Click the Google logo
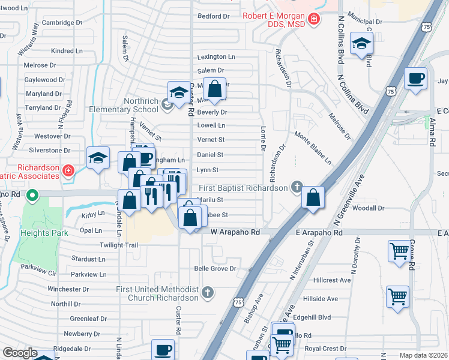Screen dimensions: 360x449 click(20, 353)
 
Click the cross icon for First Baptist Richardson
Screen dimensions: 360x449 click(295, 188)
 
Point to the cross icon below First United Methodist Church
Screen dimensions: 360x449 click(207, 293)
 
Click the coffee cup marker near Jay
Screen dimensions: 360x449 click(415, 79)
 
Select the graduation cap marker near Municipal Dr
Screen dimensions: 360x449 click(362, 43)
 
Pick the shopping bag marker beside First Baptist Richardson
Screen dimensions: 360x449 click(313, 197)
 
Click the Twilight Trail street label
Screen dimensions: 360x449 click(119, 245)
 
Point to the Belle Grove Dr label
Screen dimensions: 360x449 click(215, 269)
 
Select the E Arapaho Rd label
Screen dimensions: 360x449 click(319, 232)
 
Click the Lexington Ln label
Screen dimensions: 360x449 click(216, 57)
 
